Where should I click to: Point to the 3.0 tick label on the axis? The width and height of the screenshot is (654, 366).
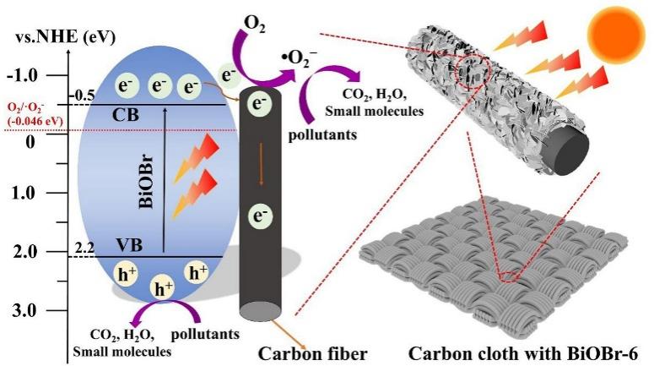click(x=26, y=310)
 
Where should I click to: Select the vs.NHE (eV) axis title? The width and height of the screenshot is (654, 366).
click(x=66, y=37)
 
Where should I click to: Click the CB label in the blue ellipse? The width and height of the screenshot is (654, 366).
click(x=126, y=115)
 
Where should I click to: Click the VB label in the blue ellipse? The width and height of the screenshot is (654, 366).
click(x=129, y=245)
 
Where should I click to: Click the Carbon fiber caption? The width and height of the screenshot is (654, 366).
click(x=313, y=353)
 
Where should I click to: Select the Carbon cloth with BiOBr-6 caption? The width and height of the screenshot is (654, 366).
click(x=523, y=353)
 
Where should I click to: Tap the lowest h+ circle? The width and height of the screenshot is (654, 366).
click(x=164, y=288)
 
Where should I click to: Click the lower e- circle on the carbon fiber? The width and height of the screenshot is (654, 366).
click(x=261, y=216)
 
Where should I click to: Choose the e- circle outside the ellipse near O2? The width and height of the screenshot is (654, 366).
click(x=229, y=75)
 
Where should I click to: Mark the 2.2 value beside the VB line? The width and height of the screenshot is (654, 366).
click(x=84, y=249)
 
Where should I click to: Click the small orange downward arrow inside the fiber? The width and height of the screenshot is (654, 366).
click(x=261, y=164)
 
